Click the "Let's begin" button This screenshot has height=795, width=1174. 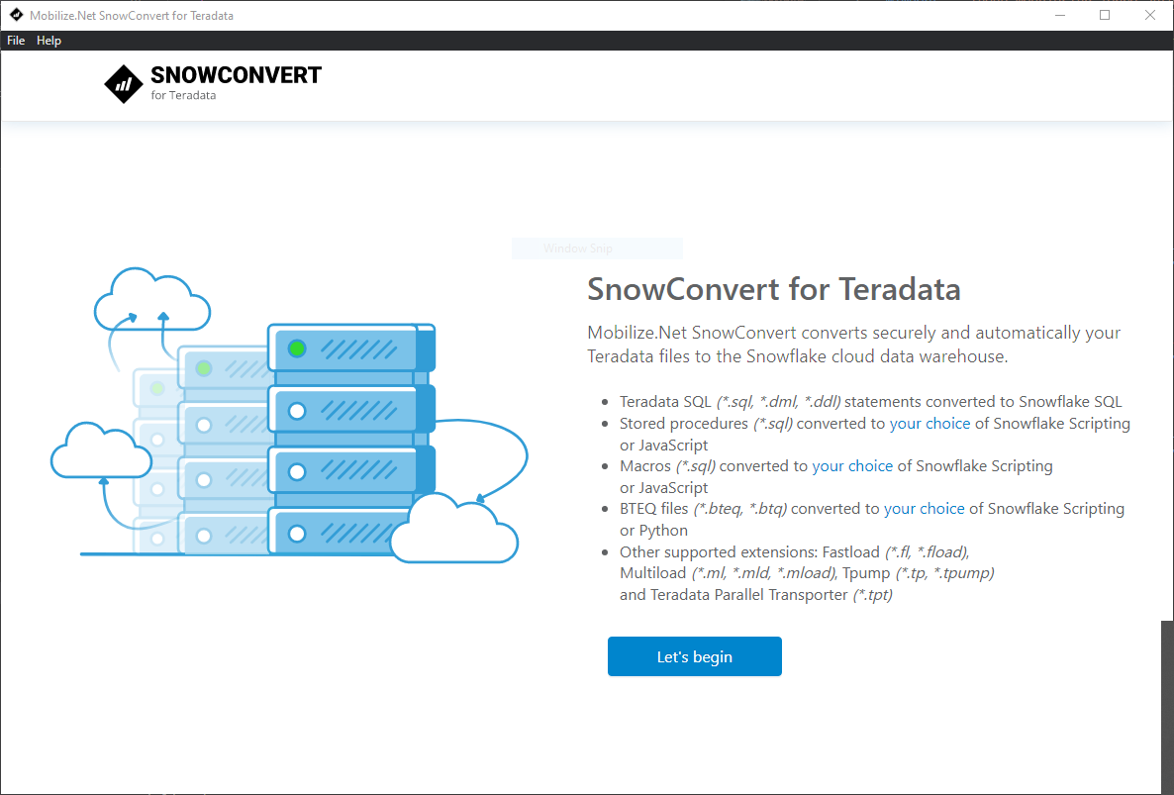(694, 656)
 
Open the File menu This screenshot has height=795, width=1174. (16, 41)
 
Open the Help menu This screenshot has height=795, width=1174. (49, 41)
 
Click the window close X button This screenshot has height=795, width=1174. (1150, 15)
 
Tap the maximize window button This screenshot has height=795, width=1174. (1105, 15)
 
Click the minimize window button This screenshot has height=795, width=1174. (1059, 15)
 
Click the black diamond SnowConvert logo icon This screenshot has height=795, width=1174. (124, 84)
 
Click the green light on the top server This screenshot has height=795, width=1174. (297, 348)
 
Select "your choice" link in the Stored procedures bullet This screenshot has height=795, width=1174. (929, 424)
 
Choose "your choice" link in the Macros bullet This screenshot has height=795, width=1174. (852, 466)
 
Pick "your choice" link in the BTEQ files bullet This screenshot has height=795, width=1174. (924, 509)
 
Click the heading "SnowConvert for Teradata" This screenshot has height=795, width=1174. (773, 289)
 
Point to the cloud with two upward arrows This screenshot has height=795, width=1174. (152, 299)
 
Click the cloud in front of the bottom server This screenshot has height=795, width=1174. (454, 530)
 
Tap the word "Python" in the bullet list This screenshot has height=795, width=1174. (663, 531)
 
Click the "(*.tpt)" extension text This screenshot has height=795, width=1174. (873, 595)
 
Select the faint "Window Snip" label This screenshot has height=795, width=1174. (578, 248)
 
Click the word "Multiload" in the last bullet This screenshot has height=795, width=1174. (653, 573)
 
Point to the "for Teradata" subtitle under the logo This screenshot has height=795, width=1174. (183, 95)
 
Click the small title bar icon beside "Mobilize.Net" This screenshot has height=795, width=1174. (16, 15)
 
